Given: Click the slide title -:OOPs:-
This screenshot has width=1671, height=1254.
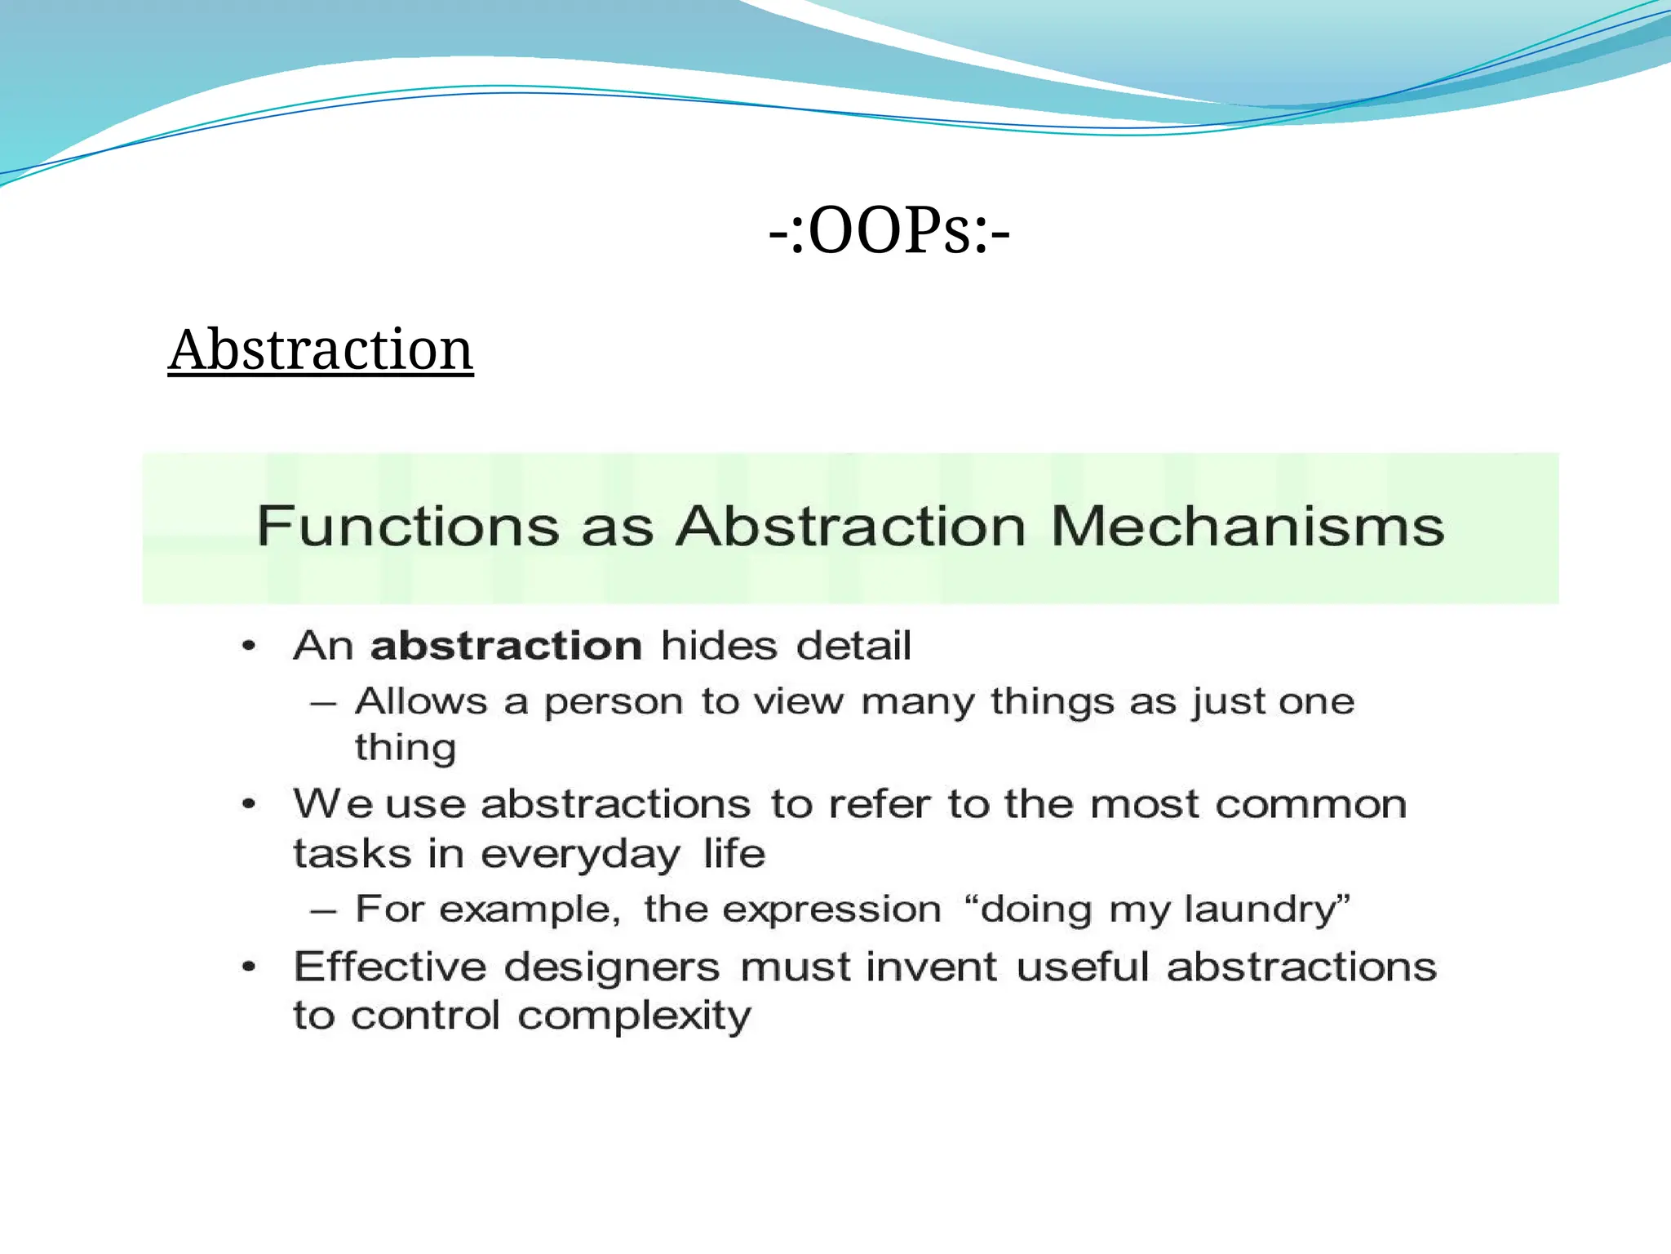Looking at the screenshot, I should coord(889,232).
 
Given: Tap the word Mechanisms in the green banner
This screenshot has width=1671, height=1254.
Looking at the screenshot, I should coord(1247,526).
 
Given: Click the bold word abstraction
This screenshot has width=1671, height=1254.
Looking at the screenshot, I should coord(506,646).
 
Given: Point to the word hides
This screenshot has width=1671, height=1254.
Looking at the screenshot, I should coord(719,646).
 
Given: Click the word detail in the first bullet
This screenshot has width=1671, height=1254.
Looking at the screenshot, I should coord(853,646).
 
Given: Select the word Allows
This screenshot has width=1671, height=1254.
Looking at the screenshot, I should coord(421,701).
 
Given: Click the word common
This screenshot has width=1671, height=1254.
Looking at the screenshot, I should coord(1311,804).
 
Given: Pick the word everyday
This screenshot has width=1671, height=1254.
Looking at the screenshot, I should coord(580,855).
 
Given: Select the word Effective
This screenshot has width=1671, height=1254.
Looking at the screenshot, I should coord(390,967).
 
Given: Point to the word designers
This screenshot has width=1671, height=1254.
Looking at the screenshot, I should coord(612,968).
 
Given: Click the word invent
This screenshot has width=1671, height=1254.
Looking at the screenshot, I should coord(931,967).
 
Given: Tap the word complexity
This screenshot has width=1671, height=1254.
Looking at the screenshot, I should coord(634,1017).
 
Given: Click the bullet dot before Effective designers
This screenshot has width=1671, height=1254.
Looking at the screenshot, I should coord(250,967).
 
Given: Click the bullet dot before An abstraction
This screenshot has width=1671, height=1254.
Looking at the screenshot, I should coord(250,647).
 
